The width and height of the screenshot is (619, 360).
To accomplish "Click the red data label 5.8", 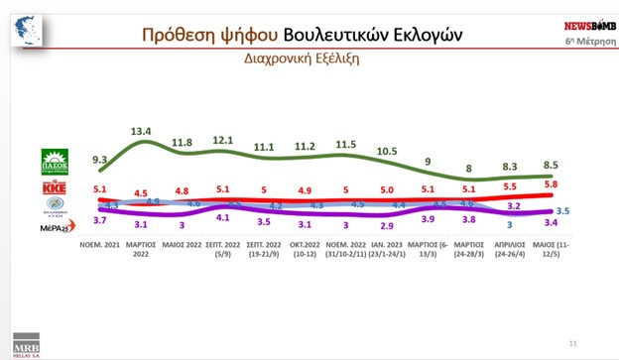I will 551,185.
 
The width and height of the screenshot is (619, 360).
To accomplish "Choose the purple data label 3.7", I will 99,218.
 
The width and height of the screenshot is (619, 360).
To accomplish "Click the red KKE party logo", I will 54,188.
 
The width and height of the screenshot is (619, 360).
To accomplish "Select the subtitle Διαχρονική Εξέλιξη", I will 302,59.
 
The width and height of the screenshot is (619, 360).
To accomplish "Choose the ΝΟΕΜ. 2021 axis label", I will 99,242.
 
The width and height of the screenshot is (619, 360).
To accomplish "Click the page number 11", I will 572,343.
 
